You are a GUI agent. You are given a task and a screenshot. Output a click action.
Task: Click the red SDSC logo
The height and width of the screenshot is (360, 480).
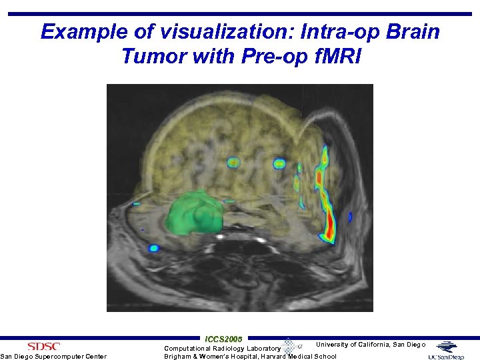(x=43, y=346)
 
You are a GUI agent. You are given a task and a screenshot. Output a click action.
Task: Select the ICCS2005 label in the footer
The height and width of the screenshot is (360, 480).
(x=224, y=339)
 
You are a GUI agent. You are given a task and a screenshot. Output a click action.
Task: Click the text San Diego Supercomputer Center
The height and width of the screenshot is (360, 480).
(x=53, y=357)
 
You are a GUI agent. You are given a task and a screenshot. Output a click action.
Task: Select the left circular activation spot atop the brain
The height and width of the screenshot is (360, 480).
(x=233, y=162)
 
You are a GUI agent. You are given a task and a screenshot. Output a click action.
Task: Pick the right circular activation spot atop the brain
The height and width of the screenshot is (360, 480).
(x=279, y=163)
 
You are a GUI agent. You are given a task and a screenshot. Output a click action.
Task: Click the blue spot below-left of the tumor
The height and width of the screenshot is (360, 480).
(x=153, y=249)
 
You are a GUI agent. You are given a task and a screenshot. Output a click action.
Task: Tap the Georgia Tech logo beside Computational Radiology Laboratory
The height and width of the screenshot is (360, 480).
(x=291, y=346)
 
